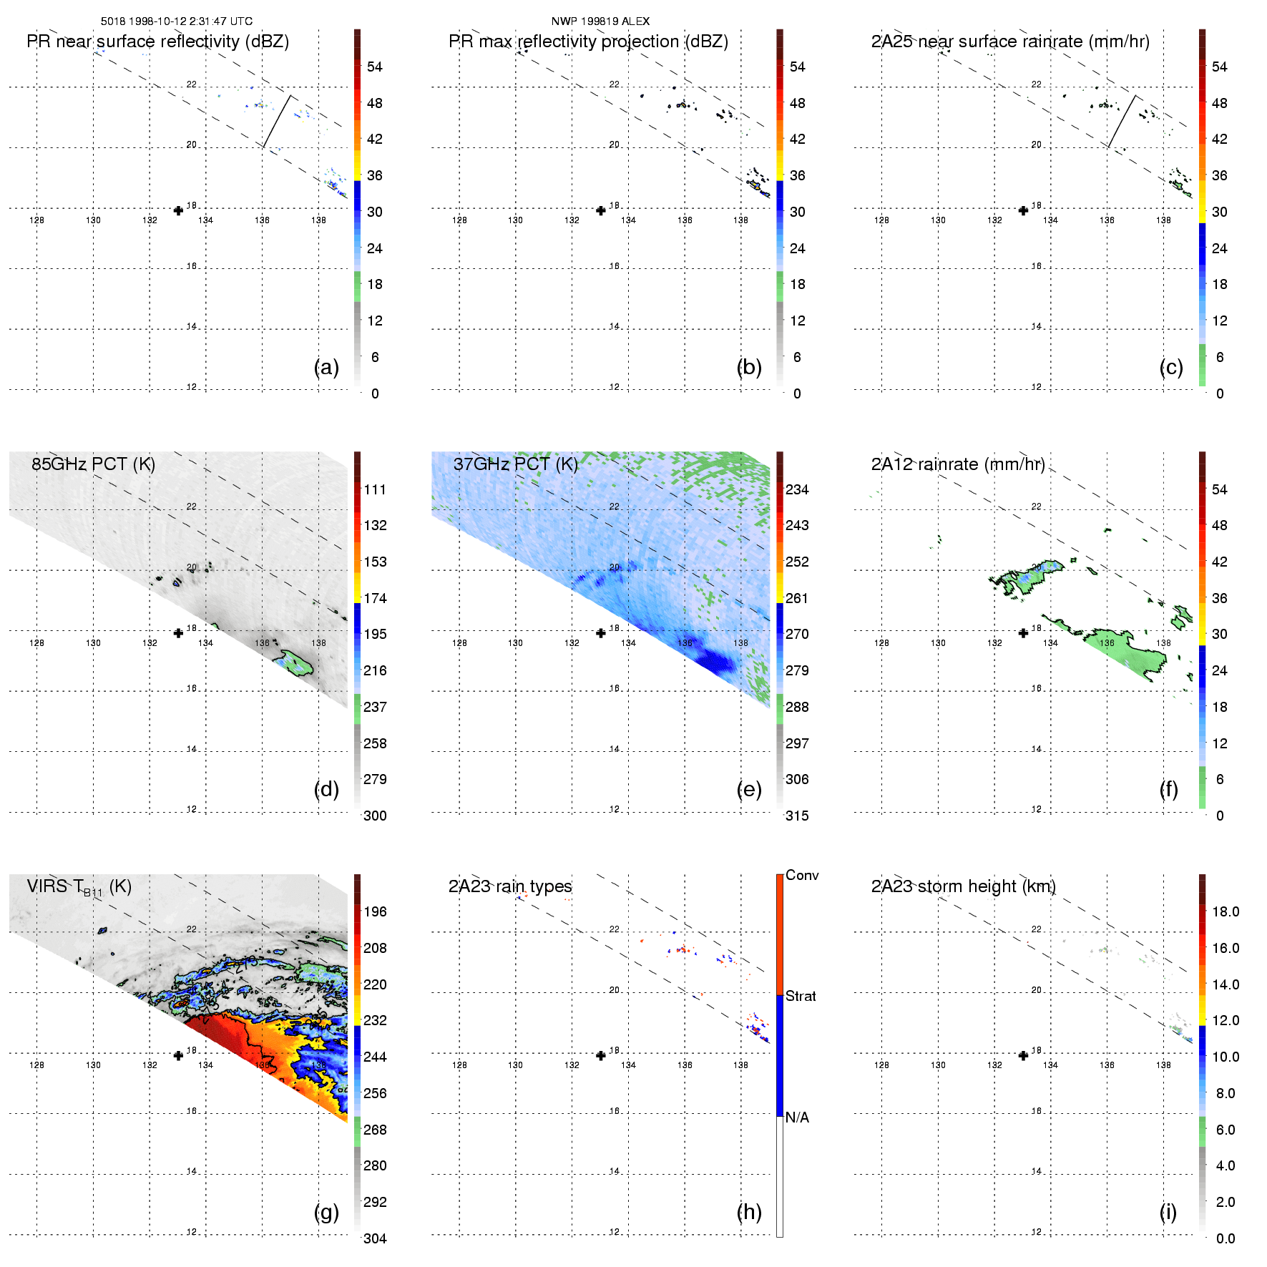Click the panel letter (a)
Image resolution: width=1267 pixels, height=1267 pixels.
[326, 367]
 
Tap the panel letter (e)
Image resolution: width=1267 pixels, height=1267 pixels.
[749, 789]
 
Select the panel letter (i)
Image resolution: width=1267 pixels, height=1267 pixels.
[1168, 1212]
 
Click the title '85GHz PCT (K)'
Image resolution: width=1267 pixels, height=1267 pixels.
[93, 464]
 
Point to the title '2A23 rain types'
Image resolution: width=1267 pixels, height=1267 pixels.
[510, 886]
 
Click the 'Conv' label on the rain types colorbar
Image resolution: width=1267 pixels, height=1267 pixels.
[802, 875]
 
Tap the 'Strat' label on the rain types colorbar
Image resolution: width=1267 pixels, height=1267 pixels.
[801, 996]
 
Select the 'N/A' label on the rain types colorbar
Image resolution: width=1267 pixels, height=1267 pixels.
[797, 1117]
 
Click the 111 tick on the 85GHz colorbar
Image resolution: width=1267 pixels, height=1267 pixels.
[375, 489]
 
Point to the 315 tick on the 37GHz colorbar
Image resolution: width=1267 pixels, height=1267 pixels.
[797, 816]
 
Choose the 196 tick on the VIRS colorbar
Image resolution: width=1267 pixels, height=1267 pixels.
[375, 911]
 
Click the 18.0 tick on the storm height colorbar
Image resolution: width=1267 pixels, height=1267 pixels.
[1226, 911]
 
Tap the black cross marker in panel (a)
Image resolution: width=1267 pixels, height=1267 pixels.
[178, 210]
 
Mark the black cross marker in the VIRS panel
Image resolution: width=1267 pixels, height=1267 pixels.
[178, 1055]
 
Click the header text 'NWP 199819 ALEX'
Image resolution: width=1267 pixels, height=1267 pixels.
[600, 21]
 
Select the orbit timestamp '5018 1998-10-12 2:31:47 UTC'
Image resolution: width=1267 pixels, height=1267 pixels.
[177, 21]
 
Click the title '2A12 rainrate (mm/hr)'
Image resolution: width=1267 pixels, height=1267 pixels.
[958, 464]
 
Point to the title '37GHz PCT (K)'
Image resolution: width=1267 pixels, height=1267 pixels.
[516, 464]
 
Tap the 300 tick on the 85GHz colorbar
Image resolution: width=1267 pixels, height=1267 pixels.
[375, 816]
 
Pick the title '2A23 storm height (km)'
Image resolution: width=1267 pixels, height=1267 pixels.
[963, 886]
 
